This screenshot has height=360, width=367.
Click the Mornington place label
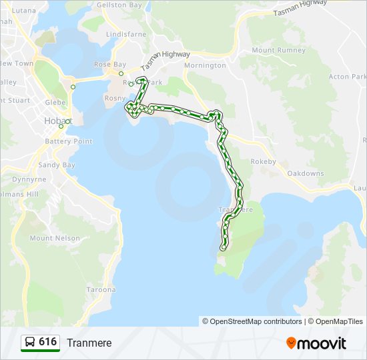(x=205, y=65)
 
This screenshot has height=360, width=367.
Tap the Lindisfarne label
(x=125, y=33)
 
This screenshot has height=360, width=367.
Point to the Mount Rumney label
(x=279, y=50)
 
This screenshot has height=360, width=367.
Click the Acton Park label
(x=348, y=77)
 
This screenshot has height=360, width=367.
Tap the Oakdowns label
(x=305, y=173)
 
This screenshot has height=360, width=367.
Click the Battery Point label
(x=69, y=141)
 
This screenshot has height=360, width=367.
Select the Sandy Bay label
(x=57, y=165)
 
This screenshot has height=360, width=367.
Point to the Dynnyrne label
(x=29, y=179)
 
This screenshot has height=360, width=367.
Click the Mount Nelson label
(x=55, y=238)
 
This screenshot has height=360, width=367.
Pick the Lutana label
(x=24, y=11)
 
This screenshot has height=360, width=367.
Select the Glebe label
(x=55, y=103)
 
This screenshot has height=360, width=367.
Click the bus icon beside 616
(x=29, y=343)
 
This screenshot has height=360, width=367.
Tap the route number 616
(x=48, y=342)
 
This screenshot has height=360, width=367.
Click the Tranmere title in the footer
(x=89, y=343)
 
